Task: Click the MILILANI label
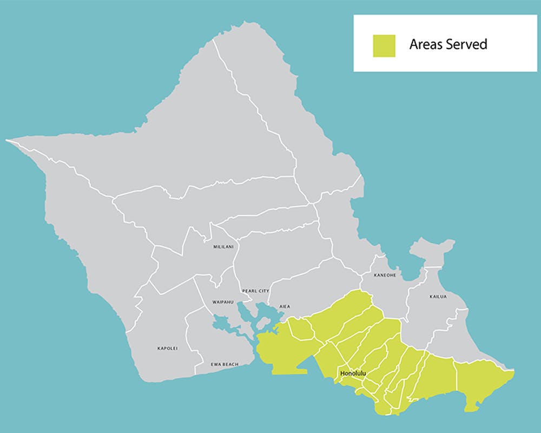pyautogui.click(x=223, y=247)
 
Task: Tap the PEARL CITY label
pyautogui.click(x=256, y=291)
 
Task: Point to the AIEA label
pyautogui.click(x=285, y=306)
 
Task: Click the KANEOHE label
pyautogui.click(x=385, y=275)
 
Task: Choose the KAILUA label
pyautogui.click(x=438, y=297)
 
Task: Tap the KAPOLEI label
pyautogui.click(x=167, y=348)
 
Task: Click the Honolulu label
pyautogui.click(x=353, y=373)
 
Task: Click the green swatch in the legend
pyautogui.click(x=384, y=46)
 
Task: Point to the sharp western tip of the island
pyautogui.click(x=8, y=141)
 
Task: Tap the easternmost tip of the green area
pyautogui.click(x=513, y=372)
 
